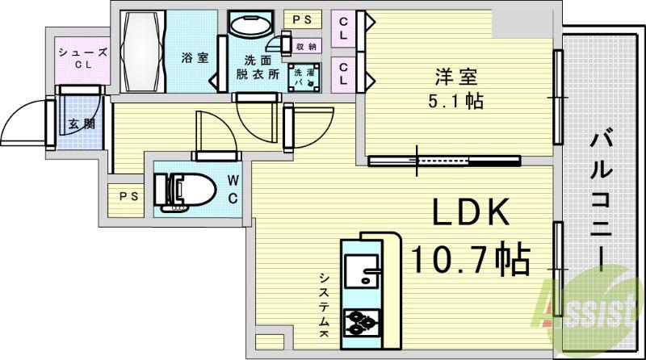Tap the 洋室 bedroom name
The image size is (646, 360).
click(x=456, y=79)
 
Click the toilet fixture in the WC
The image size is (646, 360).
click(x=191, y=191)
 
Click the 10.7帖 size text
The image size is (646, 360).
click(x=471, y=260)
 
